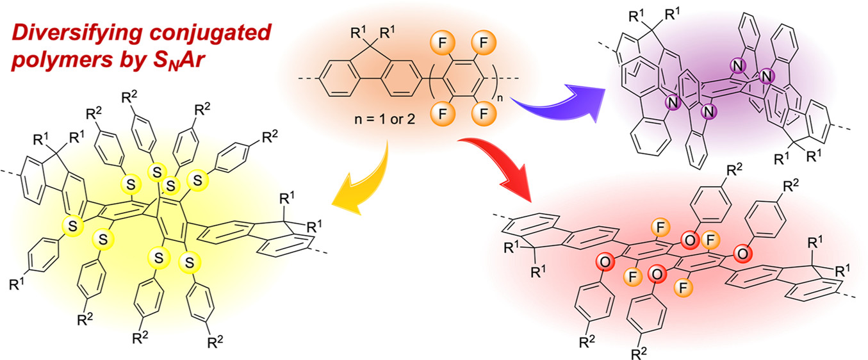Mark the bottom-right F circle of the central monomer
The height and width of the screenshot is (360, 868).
pos(477,120)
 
